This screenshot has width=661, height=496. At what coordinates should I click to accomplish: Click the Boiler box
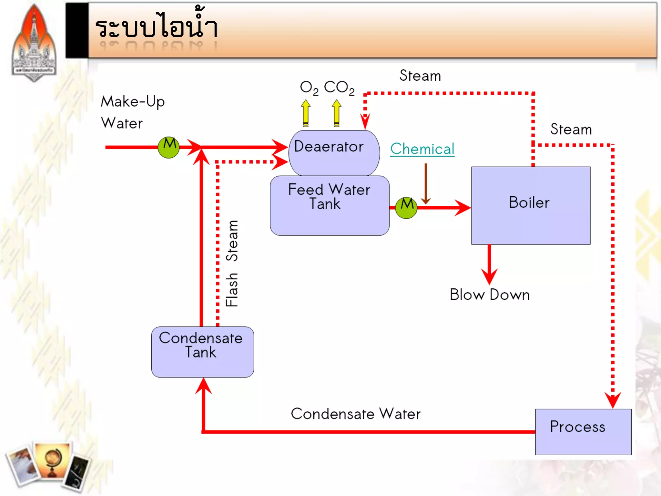[531, 205]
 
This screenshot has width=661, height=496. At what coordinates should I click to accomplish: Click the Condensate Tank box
[202, 352]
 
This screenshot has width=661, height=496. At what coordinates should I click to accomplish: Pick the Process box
[583, 431]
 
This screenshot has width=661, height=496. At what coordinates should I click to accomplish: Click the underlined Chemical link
[422, 149]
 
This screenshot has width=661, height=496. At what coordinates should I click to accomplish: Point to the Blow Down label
[489, 294]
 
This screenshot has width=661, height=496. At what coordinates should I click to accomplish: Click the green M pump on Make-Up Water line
[168, 147]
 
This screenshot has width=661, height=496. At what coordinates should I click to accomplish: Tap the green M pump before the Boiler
[406, 208]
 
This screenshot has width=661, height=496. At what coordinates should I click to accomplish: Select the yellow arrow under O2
[306, 113]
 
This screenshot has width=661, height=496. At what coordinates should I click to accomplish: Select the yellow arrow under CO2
[336, 113]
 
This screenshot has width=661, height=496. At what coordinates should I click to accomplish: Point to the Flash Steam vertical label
[232, 263]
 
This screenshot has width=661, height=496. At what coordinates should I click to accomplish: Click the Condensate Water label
[356, 414]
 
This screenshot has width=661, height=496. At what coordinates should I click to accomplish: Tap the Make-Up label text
[133, 102]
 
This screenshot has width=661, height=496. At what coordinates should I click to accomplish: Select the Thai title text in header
[157, 27]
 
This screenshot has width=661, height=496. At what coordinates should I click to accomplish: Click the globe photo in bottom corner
[52, 460]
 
